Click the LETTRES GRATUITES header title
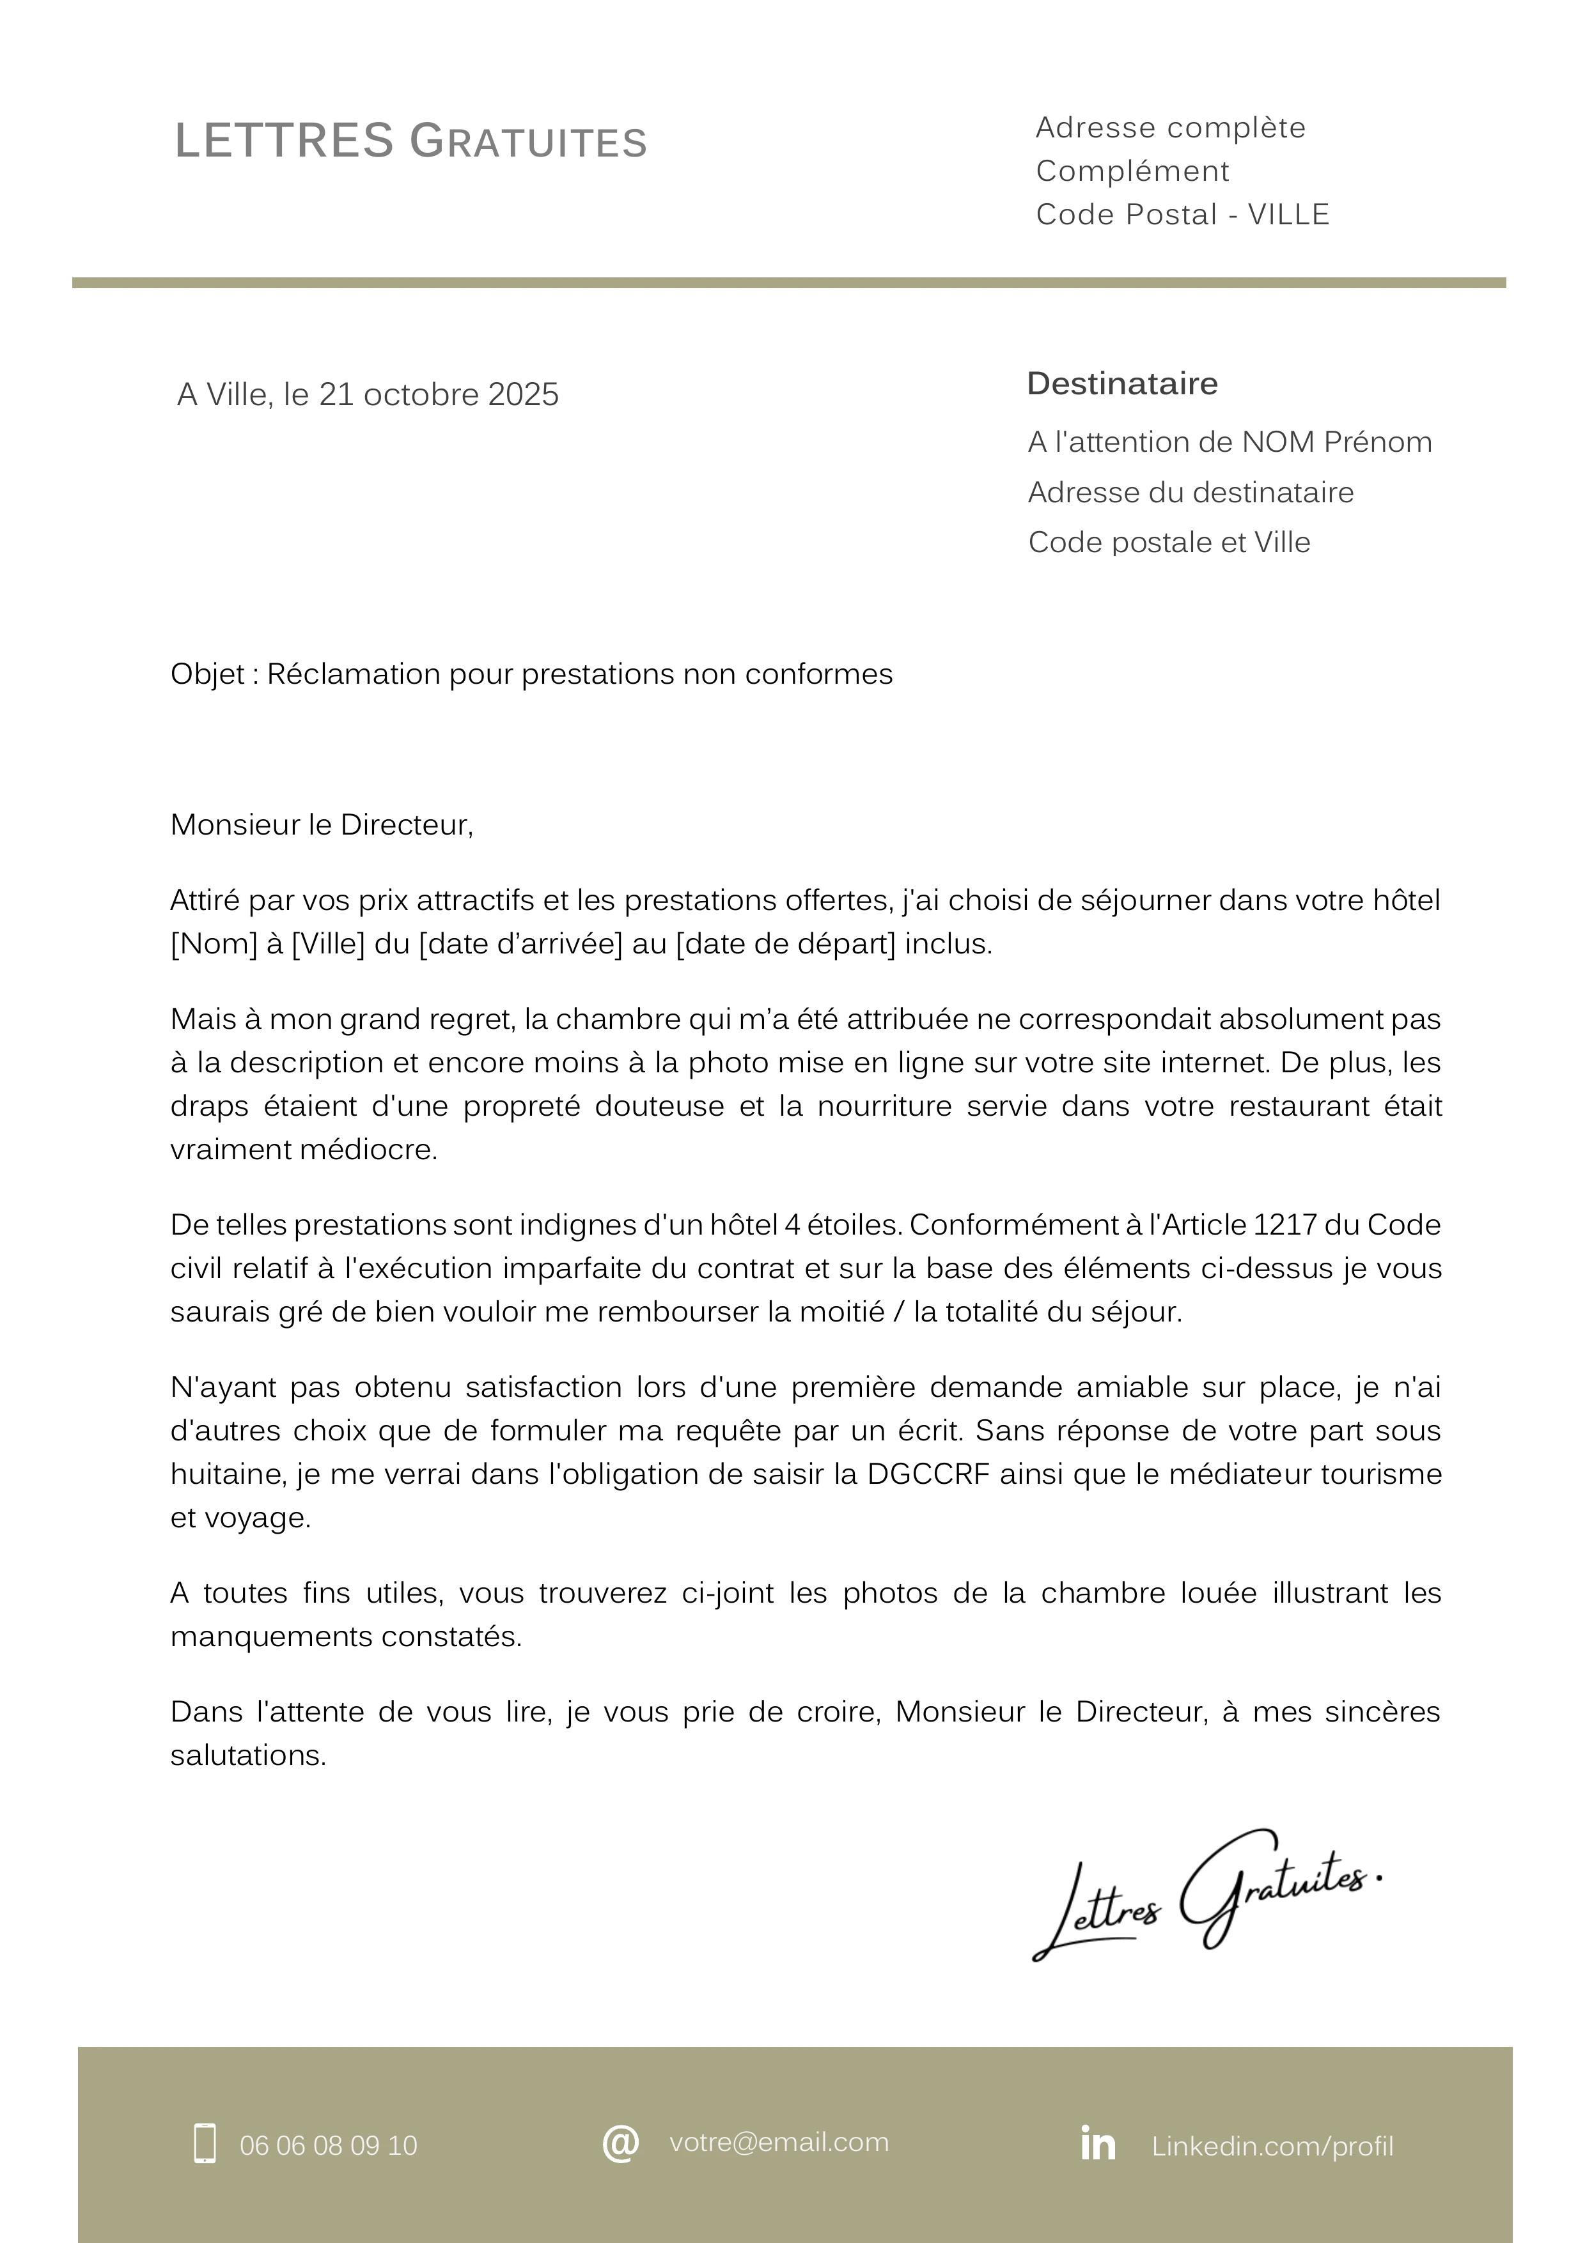(410, 142)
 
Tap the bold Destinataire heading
(1122, 384)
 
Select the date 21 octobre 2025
(439, 395)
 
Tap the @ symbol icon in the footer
(621, 2143)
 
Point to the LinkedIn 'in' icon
(1097, 2143)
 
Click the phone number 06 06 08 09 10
(329, 2145)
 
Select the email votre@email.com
(779, 2143)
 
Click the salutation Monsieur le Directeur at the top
(322, 826)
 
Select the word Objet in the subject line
(207, 674)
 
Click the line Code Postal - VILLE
(1182, 215)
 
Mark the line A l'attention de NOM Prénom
(1230, 443)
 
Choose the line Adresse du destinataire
(1191, 492)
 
